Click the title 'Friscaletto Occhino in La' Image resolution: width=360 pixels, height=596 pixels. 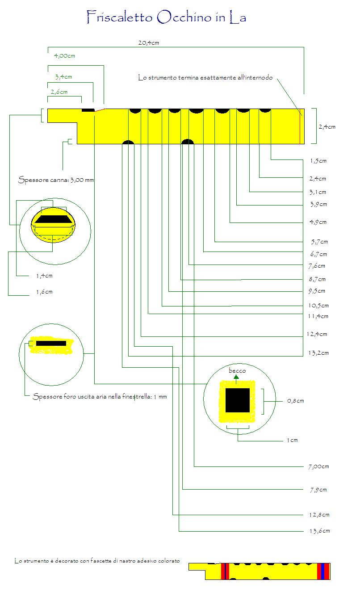pos(166,17)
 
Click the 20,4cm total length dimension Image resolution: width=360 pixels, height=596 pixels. pos(148,42)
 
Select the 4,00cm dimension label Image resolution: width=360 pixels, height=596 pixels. pos(64,56)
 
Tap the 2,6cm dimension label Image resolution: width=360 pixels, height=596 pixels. pos(59,92)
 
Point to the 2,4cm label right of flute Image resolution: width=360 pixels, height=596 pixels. pos(327,127)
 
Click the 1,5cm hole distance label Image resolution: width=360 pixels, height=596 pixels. pos(318,161)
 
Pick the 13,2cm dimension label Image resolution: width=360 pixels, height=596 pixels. pos(318,353)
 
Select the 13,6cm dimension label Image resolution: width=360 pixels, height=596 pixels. pos(319,531)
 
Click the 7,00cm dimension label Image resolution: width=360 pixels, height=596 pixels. pos(319,467)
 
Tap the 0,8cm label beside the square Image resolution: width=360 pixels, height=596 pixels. pos(295,401)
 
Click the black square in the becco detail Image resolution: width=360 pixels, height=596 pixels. pos(237,400)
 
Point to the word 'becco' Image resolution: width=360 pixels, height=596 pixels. pos(237,370)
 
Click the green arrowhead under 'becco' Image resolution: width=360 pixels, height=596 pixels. pos(236,377)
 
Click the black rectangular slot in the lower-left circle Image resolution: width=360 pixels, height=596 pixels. pos(51,344)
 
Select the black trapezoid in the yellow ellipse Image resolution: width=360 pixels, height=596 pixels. pos(53,219)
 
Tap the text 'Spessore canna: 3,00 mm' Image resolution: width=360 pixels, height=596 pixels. pos(56,180)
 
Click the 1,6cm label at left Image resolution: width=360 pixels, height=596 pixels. pos(44,292)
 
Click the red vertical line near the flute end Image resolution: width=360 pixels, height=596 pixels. pos(300,126)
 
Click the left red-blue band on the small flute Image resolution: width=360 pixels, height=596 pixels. pos(225,571)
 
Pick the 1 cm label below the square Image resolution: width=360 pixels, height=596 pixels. pos(292,441)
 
